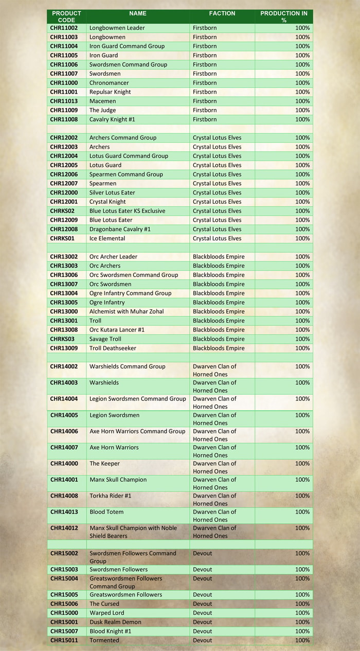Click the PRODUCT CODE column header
66,16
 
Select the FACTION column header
222,13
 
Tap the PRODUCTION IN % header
284,16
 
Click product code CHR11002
64,28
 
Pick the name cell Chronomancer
109,83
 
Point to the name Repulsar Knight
110,92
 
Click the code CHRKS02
62,211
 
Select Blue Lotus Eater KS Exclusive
127,211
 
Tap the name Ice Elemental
107,238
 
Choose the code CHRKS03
62,339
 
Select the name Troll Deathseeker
113,348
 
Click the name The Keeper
104,464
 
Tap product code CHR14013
64,512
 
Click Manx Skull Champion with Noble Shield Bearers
133,532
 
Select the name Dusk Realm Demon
115,622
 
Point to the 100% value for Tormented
302,640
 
